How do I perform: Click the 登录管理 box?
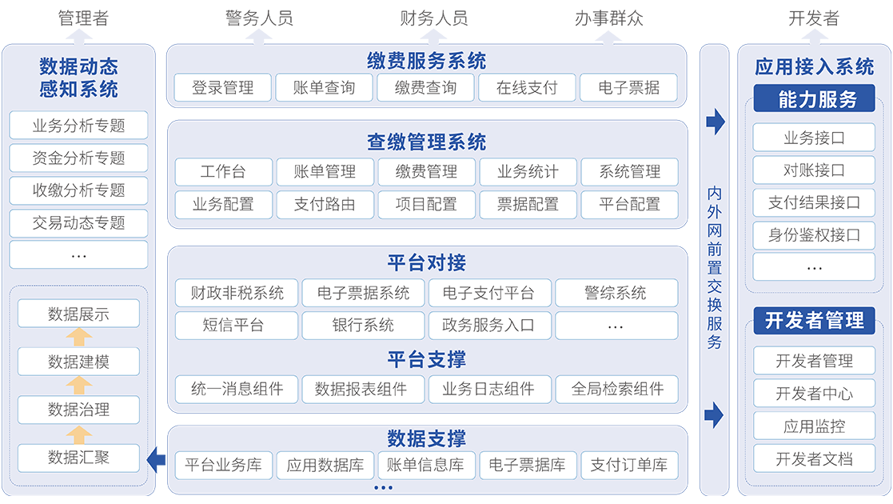(222, 88)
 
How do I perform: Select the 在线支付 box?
(527, 88)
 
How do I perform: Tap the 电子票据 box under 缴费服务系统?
(628, 88)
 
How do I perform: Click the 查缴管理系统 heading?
(426, 142)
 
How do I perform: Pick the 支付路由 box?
(325, 205)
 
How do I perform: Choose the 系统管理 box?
(629, 171)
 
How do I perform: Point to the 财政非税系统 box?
(237, 293)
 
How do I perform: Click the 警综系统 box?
(616, 293)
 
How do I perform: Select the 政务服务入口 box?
(488, 326)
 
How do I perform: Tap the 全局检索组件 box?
(617, 390)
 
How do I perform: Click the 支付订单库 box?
(628, 465)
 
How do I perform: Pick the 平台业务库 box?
(223, 465)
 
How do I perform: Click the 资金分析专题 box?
(78, 158)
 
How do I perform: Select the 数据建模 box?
(78, 362)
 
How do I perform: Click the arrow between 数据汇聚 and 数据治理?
(78, 434)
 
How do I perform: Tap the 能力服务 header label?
(814, 99)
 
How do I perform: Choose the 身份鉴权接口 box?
(814, 235)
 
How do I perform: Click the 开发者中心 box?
(814, 394)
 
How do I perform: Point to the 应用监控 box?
(814, 426)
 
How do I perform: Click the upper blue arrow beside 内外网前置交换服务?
(715, 122)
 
